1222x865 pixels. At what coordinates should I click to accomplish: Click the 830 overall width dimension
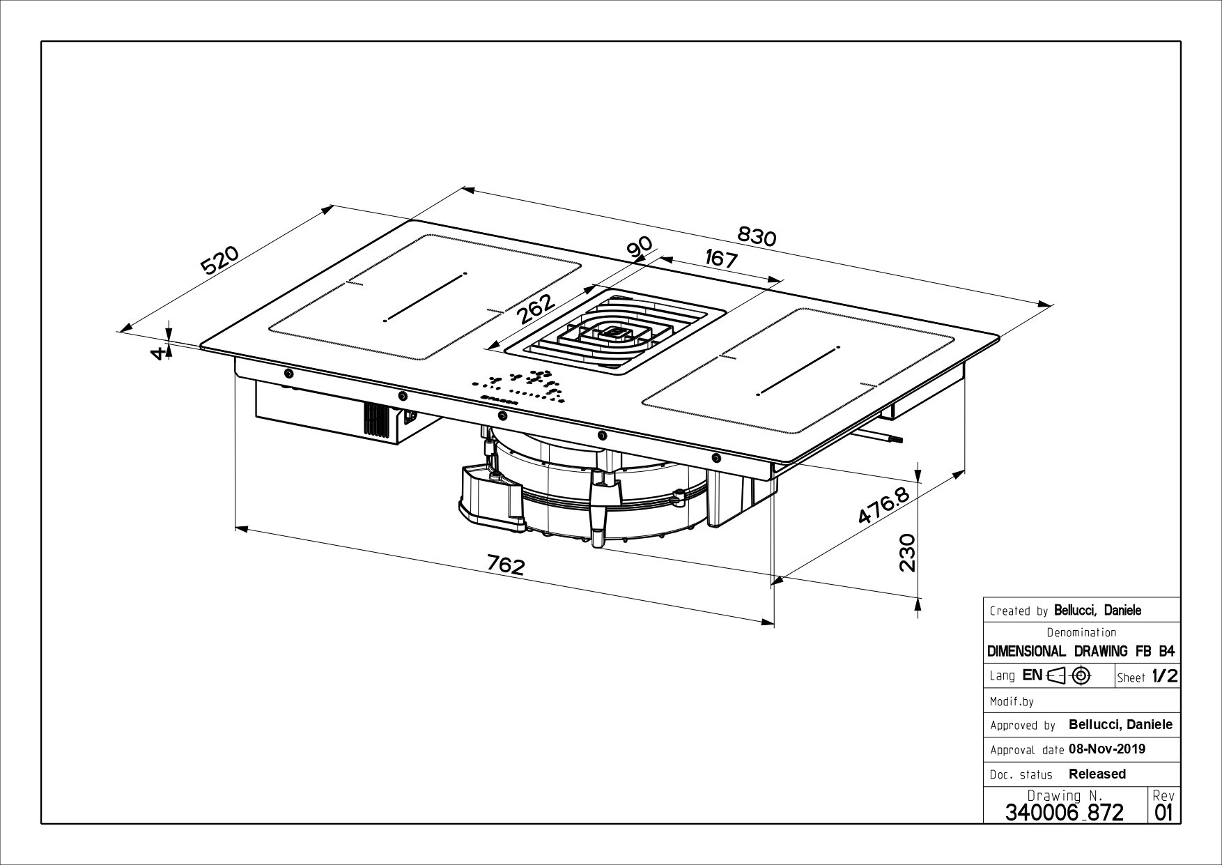click(x=756, y=237)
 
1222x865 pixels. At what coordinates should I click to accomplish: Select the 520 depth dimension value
click(x=220, y=259)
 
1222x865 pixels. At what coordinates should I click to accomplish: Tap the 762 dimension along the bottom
click(x=505, y=565)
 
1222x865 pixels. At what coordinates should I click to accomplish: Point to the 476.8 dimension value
click(x=883, y=507)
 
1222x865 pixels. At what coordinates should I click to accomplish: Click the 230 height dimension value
click(x=906, y=553)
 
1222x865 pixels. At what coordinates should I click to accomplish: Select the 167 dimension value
click(x=720, y=259)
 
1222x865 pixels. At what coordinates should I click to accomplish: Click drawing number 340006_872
click(x=1064, y=811)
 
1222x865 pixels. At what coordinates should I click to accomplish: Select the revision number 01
click(x=1163, y=812)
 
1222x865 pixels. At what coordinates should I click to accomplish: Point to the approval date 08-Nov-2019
click(x=1106, y=749)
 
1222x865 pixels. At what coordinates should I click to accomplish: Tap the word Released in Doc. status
click(x=1097, y=774)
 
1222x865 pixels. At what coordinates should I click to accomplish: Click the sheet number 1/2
click(x=1164, y=675)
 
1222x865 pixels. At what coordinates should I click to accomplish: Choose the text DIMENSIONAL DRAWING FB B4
click(x=1081, y=651)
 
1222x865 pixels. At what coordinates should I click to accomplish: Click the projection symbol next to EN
click(x=1069, y=675)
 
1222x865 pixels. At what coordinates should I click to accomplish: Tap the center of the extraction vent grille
click(x=616, y=332)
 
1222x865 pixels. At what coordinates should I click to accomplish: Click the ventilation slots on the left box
click(x=377, y=420)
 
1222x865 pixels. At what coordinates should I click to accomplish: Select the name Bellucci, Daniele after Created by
click(x=1097, y=610)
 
